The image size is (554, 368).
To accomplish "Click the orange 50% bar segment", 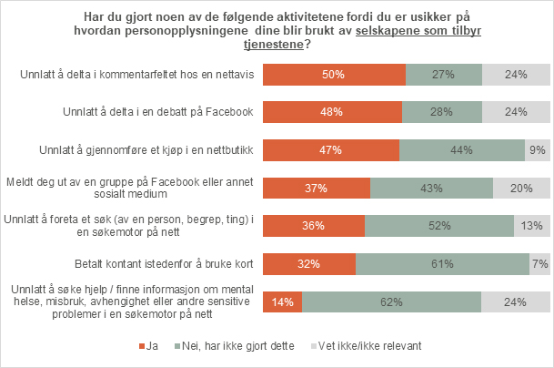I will pos(334,75).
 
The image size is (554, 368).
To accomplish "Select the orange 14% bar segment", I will pos(282,302).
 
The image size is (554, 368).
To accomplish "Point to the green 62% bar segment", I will pos(391,302).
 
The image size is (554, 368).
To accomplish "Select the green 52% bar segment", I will pos(438,226).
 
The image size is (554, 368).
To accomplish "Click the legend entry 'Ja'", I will pos(150,346).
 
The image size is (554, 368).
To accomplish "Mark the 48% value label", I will pos(332,112).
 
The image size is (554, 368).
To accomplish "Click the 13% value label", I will pos(532,226).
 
